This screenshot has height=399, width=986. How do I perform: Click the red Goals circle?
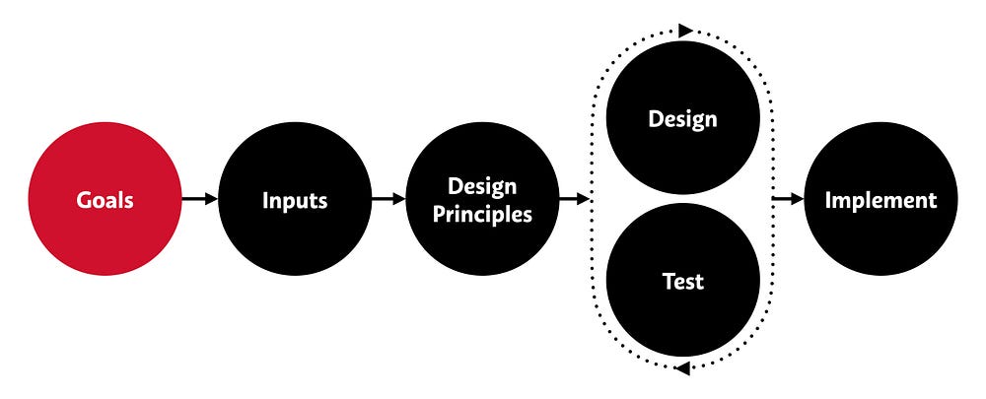[x=105, y=199]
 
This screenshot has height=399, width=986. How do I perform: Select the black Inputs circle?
[x=294, y=199]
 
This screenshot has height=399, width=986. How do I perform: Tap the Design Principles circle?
[x=483, y=199]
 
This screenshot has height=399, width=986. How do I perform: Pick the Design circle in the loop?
[x=682, y=118]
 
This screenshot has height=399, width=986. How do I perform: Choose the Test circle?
[x=682, y=281]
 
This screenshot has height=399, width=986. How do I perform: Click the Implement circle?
[x=880, y=199]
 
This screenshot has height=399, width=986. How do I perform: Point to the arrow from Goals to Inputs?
[x=199, y=199]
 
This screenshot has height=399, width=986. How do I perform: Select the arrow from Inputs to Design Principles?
[x=388, y=199]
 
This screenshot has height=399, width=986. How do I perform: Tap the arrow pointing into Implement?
[x=789, y=199]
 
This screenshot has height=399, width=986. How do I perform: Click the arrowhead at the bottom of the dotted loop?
[x=680, y=368]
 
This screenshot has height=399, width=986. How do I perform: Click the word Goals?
[x=105, y=200]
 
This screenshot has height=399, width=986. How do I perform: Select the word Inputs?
[x=294, y=200]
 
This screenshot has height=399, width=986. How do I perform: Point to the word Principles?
[x=483, y=214]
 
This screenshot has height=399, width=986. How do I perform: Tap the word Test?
[x=682, y=282]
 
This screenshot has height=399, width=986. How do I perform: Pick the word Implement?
[x=880, y=200]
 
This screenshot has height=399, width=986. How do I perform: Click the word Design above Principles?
[x=483, y=185]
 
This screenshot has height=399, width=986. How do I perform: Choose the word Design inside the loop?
[x=682, y=119]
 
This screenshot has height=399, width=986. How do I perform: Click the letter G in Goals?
[x=85, y=200]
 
